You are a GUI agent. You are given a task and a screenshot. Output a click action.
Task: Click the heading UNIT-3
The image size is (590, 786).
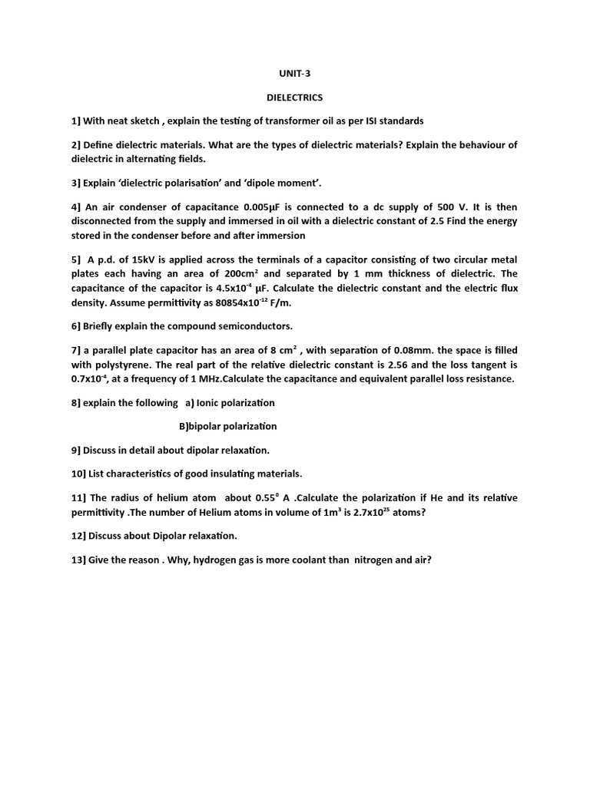coord(294,74)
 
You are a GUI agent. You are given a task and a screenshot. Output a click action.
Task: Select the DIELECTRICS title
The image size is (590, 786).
coord(294,97)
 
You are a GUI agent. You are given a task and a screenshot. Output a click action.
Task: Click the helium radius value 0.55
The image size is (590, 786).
coord(284,497)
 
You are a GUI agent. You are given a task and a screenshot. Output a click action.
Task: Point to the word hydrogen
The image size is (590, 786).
coord(219,560)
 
